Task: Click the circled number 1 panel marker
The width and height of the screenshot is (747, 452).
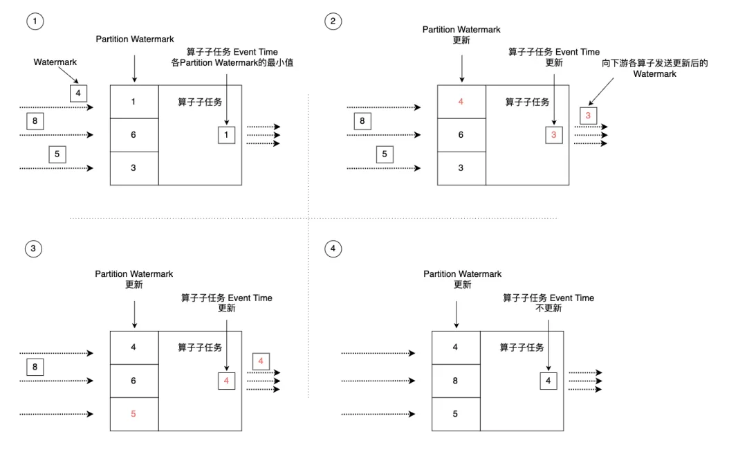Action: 35,21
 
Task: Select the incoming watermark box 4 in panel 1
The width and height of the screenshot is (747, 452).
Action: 78,93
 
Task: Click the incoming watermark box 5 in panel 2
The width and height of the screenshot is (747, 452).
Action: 385,154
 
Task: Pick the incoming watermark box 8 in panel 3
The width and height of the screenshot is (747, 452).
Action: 35,367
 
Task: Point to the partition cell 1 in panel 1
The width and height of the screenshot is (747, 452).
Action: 133,102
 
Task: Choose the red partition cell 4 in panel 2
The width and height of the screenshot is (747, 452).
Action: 461,102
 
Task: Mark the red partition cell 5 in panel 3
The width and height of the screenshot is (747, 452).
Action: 133,414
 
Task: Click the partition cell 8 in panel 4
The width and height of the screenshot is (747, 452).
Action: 455,381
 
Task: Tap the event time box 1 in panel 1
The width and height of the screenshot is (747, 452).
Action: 226,135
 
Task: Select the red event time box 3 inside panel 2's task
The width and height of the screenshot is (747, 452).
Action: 553,135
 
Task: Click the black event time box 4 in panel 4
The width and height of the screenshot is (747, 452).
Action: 548,381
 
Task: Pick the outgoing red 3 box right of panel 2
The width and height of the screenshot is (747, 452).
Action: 588,116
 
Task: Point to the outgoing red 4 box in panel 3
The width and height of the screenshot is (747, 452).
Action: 261,361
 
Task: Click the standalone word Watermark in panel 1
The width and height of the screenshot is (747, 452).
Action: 55,62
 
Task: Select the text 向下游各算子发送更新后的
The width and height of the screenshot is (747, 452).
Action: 655,63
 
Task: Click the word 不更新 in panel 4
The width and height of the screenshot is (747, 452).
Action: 548,308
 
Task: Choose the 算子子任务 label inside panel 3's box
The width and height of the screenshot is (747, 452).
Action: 200,347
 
